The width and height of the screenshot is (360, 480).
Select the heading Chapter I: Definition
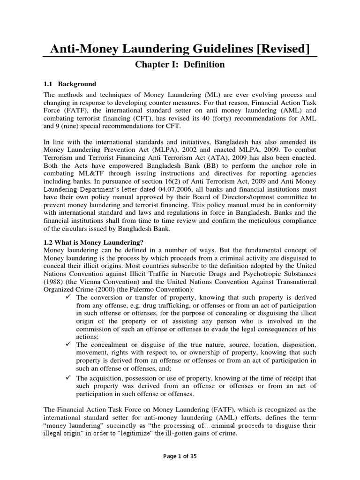tap(180, 64)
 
